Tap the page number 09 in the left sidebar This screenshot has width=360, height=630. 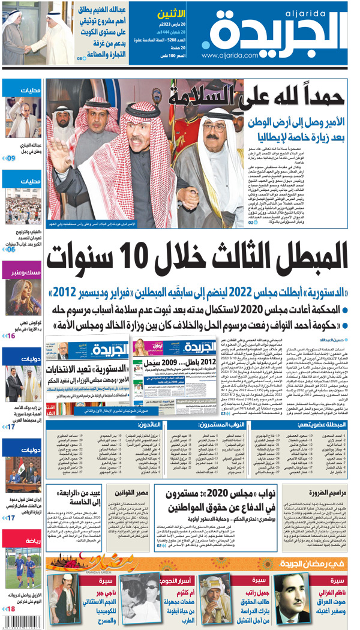(x=11, y=158)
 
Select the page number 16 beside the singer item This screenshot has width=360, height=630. (x=11, y=335)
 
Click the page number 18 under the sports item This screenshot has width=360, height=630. (x=11, y=609)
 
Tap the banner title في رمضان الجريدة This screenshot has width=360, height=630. (x=312, y=563)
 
